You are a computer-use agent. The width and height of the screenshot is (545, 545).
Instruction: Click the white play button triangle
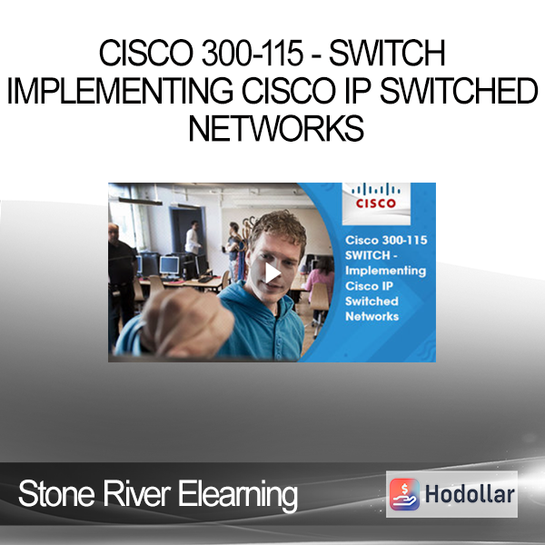pyautogui.click(x=272, y=272)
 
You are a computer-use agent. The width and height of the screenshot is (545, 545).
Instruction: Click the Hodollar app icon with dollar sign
pyautogui.click(x=404, y=494)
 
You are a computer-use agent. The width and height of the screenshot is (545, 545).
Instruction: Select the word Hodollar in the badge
pyautogui.click(x=470, y=494)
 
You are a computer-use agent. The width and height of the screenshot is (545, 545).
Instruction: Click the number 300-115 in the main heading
pyautogui.click(x=253, y=53)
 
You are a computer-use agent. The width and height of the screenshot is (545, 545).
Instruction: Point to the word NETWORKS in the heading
pyautogui.click(x=276, y=128)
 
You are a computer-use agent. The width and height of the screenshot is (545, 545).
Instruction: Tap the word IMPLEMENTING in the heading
pyautogui.click(x=120, y=90)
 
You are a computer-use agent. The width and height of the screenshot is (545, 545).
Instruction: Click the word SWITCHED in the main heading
pyautogui.click(x=459, y=90)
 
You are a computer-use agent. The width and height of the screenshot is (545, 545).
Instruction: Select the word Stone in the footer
pyautogui.click(x=56, y=494)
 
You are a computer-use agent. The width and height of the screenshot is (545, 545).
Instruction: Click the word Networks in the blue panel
pyautogui.click(x=372, y=316)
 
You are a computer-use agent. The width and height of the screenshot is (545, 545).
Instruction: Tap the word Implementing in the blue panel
pyautogui.click(x=385, y=271)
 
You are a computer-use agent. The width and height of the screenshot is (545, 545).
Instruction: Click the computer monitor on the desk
pyautogui.click(x=169, y=266)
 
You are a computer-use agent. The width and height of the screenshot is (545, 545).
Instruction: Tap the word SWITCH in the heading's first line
pyautogui.click(x=387, y=53)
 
